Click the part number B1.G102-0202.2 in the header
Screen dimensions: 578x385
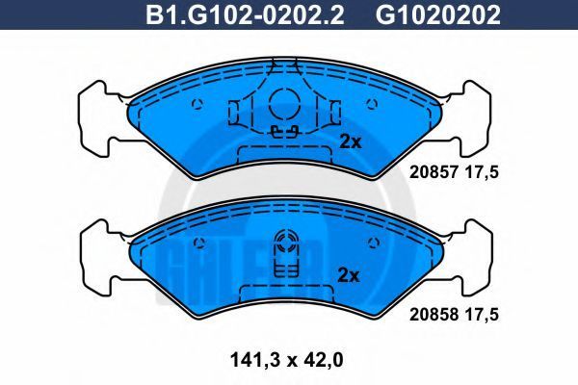tap(245, 14)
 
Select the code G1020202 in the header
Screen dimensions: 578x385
tap(438, 14)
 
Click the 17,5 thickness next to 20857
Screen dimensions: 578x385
tap(482, 172)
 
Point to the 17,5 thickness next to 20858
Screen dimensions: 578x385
tap(482, 315)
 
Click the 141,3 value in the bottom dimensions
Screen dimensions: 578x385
tap(254, 360)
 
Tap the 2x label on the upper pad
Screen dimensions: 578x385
tap(351, 141)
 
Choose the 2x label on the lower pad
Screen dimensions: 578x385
tap(349, 275)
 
